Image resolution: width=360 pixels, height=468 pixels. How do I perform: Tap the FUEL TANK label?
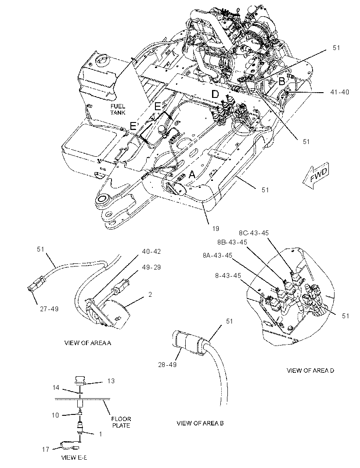click(118, 109)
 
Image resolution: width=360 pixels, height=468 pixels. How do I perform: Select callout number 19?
click(216, 229)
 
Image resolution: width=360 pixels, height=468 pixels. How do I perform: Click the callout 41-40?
click(339, 92)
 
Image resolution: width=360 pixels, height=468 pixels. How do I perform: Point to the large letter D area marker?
click(215, 94)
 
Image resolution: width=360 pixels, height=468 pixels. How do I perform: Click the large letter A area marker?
click(192, 174)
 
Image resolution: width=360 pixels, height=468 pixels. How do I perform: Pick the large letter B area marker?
click(281, 81)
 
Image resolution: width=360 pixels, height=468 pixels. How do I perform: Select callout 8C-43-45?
click(254, 233)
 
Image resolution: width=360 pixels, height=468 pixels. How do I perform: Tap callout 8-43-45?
click(228, 275)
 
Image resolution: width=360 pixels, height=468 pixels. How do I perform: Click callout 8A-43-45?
click(218, 255)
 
